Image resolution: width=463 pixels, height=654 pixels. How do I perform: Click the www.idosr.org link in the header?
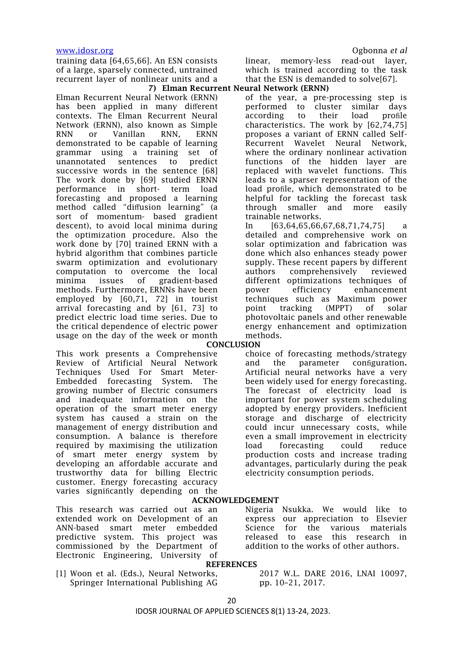point(85,51)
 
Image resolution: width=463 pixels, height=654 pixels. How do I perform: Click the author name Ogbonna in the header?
point(370,51)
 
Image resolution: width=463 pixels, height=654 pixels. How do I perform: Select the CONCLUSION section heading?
point(233,345)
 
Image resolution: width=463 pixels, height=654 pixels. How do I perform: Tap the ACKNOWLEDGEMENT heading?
point(235,500)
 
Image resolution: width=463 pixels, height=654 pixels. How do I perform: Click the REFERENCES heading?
point(231,564)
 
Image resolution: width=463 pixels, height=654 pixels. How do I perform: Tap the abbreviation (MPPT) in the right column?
point(339,308)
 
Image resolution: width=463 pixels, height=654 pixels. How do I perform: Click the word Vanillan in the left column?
point(129,134)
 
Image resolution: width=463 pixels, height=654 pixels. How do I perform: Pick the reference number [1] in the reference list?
point(61,574)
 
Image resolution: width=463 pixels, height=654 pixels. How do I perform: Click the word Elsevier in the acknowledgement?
point(391,519)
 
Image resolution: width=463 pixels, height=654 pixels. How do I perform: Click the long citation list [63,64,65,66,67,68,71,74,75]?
point(328,226)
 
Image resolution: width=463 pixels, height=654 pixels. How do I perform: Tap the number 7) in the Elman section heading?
point(152,88)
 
